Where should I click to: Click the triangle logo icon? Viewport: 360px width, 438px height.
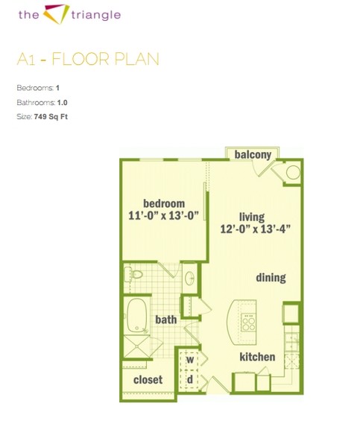coord(57,13)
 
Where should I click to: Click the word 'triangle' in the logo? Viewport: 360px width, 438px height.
coord(96,15)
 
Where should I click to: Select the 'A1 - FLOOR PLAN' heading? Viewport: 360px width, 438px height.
coord(88,60)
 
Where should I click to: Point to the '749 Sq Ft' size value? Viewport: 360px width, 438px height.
coord(51,116)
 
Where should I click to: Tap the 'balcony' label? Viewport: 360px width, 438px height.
coord(253,154)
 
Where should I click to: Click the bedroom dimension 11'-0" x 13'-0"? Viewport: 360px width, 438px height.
coord(163,216)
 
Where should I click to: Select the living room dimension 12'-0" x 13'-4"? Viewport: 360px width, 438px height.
coord(256,229)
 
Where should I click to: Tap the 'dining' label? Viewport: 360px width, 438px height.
coord(271,278)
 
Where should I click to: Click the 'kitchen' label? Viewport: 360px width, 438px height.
coord(257,357)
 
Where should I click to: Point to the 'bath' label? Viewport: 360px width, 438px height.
coord(166,320)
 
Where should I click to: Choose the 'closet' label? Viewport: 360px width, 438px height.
coord(148,380)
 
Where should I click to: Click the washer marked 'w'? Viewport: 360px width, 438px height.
coord(190,359)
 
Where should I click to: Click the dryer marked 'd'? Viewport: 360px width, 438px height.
coord(190,379)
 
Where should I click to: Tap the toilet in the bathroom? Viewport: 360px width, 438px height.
coord(133,274)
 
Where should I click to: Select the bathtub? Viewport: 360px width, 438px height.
coord(137,315)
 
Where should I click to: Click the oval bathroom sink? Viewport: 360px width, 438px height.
coord(190,278)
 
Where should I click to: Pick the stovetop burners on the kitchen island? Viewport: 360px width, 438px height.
coord(248,323)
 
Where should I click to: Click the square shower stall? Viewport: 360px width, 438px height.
coord(136,346)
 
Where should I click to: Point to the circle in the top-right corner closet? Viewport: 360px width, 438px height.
coord(293,172)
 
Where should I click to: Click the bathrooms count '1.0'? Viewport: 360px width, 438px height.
coord(63,103)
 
